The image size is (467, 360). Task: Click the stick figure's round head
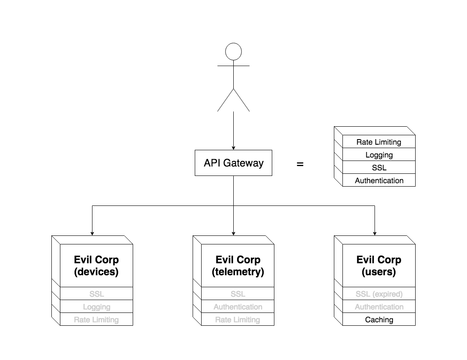tap(233, 51)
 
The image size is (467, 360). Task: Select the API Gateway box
tap(233, 163)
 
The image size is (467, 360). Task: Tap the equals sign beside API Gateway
tap(300, 164)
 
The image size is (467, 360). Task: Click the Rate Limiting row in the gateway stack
tap(379, 142)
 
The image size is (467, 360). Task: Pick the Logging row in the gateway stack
tap(379, 155)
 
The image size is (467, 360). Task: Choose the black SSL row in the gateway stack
tap(379, 167)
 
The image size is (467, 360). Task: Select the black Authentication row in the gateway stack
tap(379, 180)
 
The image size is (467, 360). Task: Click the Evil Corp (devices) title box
tap(96, 265)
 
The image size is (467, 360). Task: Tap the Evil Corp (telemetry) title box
tap(238, 265)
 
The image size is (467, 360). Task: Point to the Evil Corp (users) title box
tap(379, 265)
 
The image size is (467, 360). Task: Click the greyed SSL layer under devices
tap(96, 294)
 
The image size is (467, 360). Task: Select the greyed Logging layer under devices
tap(96, 306)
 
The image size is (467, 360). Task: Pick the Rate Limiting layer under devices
tap(96, 319)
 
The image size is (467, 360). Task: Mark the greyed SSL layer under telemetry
tap(238, 294)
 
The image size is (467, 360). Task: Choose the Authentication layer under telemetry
tap(238, 306)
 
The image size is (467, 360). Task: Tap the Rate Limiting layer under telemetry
tap(238, 319)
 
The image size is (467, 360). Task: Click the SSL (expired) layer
tap(379, 294)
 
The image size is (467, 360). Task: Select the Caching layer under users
tap(379, 319)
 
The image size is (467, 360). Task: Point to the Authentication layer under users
tap(379, 306)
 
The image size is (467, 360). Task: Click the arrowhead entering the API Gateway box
tap(233, 147)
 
